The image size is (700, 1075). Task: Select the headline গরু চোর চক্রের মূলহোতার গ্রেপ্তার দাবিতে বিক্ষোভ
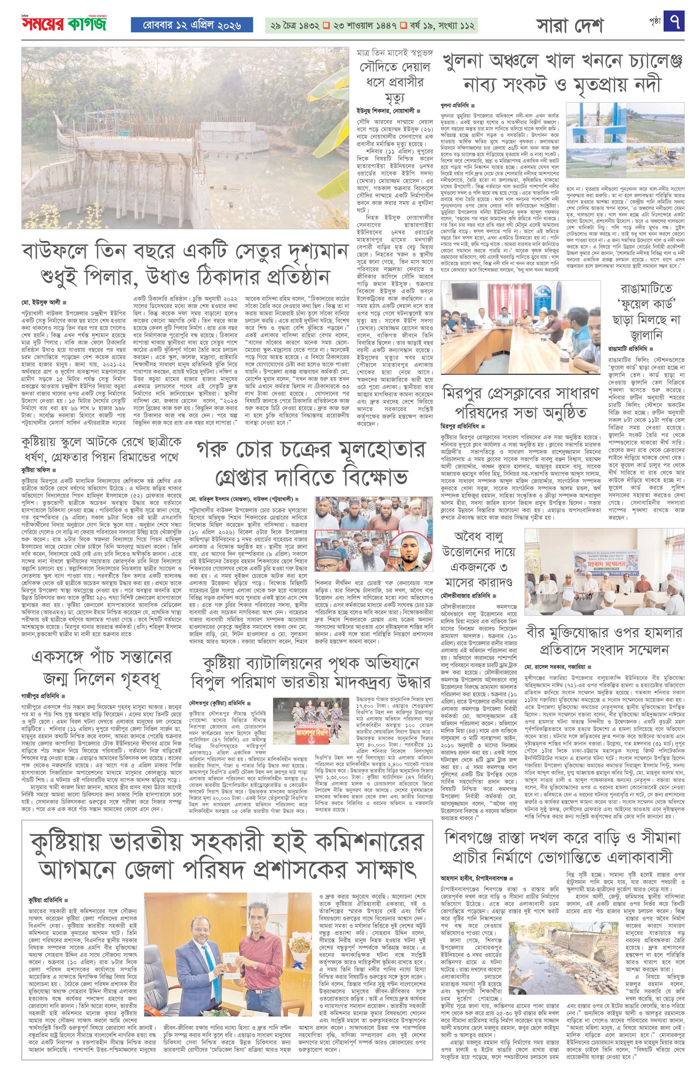pos(311,462)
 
